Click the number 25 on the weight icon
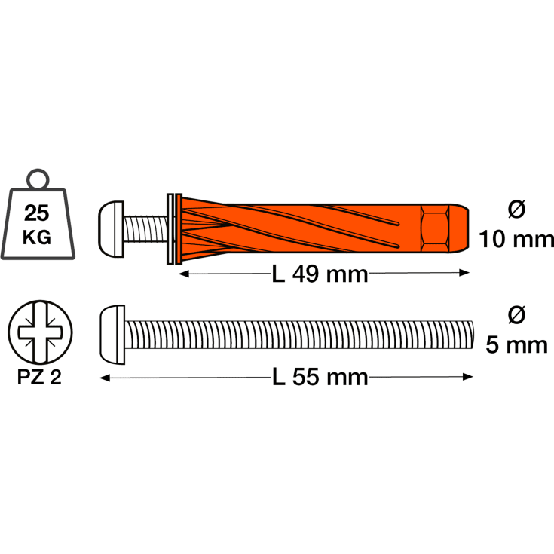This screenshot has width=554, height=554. pos(36,213)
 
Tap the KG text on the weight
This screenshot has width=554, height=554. pos(37,237)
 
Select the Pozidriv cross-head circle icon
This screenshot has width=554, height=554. pos(40,332)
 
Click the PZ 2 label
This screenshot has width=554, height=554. pos(39,378)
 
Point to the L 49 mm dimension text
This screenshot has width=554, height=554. pos(320,274)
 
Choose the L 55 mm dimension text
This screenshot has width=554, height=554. pos(320,377)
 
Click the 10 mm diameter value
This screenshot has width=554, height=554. pos(516,239)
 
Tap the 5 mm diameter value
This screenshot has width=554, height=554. pos(516,345)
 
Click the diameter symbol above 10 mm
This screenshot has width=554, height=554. pos(516,210)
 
